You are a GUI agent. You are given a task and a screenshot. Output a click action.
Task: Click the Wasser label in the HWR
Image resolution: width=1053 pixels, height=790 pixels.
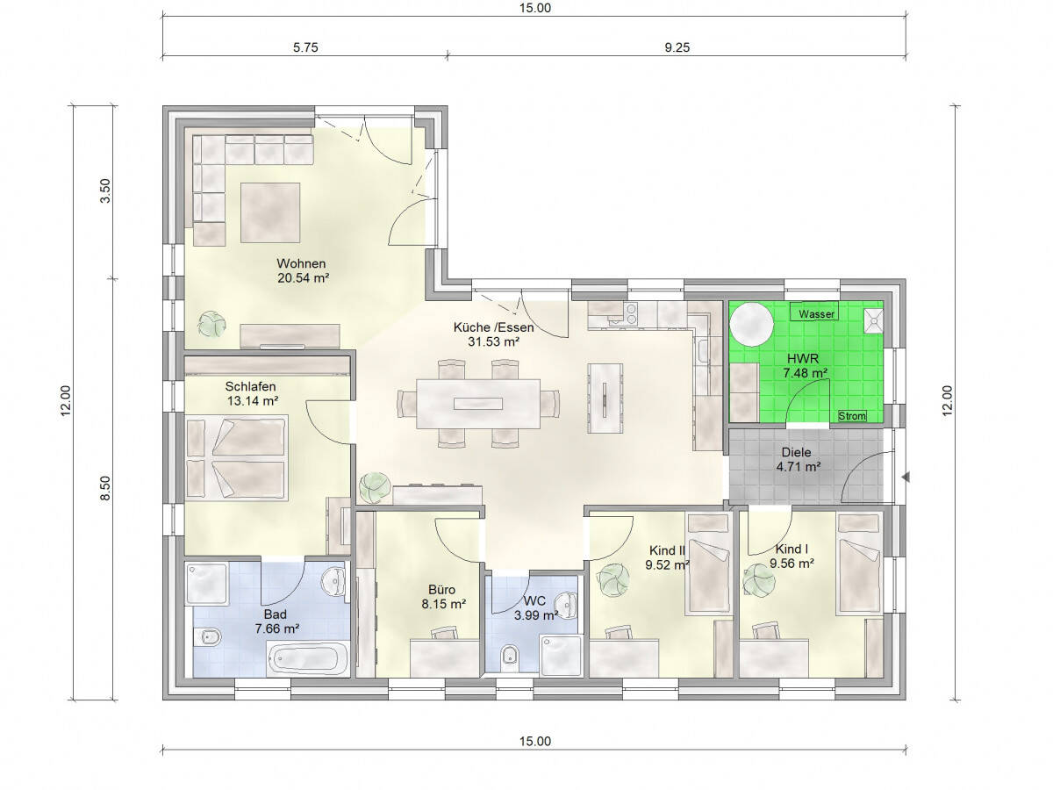[x=816, y=313]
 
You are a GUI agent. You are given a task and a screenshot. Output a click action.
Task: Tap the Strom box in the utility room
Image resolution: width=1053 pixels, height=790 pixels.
[x=851, y=416]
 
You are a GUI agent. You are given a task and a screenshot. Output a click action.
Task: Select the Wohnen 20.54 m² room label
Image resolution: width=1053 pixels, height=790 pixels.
[x=302, y=270]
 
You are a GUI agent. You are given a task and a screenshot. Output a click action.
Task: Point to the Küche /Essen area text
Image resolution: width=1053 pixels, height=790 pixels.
[x=493, y=334]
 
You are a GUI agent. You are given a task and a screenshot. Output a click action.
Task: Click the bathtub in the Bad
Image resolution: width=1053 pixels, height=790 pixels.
[x=308, y=658]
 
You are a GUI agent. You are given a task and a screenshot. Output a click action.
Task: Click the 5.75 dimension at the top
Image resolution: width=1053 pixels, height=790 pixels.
[x=304, y=48]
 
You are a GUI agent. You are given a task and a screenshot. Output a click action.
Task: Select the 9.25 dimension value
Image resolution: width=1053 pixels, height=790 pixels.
[x=677, y=48]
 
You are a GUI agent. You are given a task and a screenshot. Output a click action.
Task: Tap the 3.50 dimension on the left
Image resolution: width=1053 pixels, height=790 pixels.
[x=106, y=190]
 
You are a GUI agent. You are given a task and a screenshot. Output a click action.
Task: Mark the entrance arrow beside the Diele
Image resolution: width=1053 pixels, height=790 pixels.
[x=907, y=478]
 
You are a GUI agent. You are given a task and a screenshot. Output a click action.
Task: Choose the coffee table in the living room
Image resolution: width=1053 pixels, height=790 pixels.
[x=270, y=212]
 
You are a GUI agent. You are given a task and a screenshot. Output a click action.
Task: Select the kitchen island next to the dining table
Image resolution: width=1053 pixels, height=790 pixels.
[x=606, y=398]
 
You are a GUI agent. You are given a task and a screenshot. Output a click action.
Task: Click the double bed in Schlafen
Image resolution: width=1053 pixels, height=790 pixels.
[x=237, y=458]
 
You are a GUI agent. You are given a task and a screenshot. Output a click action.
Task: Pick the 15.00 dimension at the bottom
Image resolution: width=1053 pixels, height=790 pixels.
[x=534, y=742]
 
